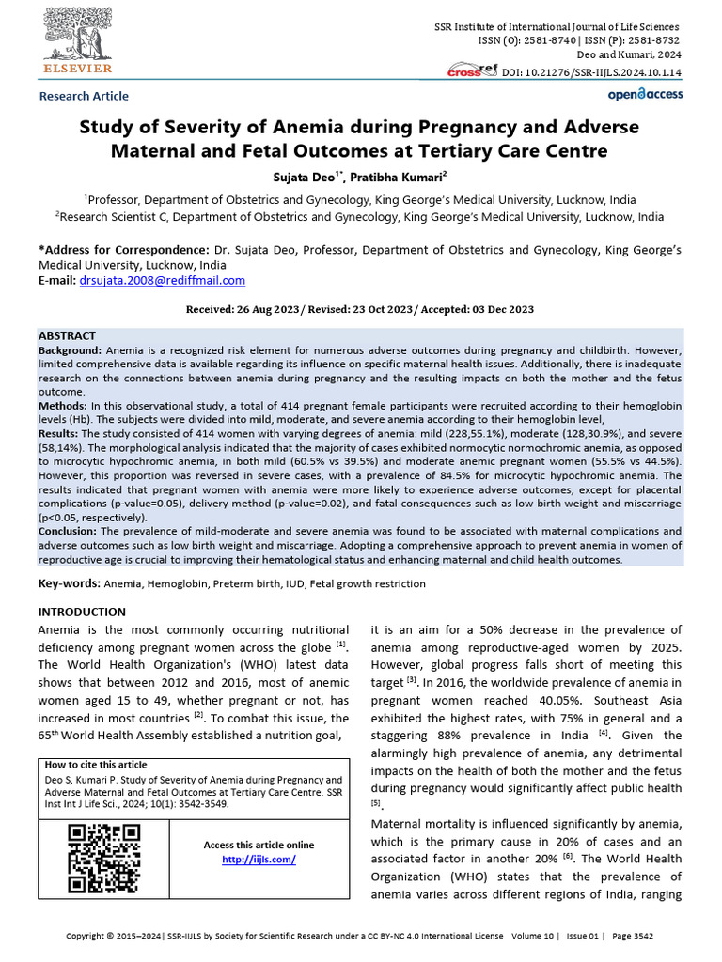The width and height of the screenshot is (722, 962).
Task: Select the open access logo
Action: coord(645,94)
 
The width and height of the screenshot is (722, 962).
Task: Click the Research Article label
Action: coord(84,96)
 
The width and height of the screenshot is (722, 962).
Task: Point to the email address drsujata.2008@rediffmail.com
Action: coord(163,280)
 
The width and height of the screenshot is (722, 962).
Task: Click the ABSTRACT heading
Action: coord(67,335)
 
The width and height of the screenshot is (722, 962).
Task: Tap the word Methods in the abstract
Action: coord(62,404)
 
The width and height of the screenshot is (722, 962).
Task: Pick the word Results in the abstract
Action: coord(58,434)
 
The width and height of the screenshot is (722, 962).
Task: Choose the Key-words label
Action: coord(69,583)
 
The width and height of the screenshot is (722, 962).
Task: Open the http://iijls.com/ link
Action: coord(259,860)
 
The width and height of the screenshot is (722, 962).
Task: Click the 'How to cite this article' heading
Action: coord(96,765)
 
